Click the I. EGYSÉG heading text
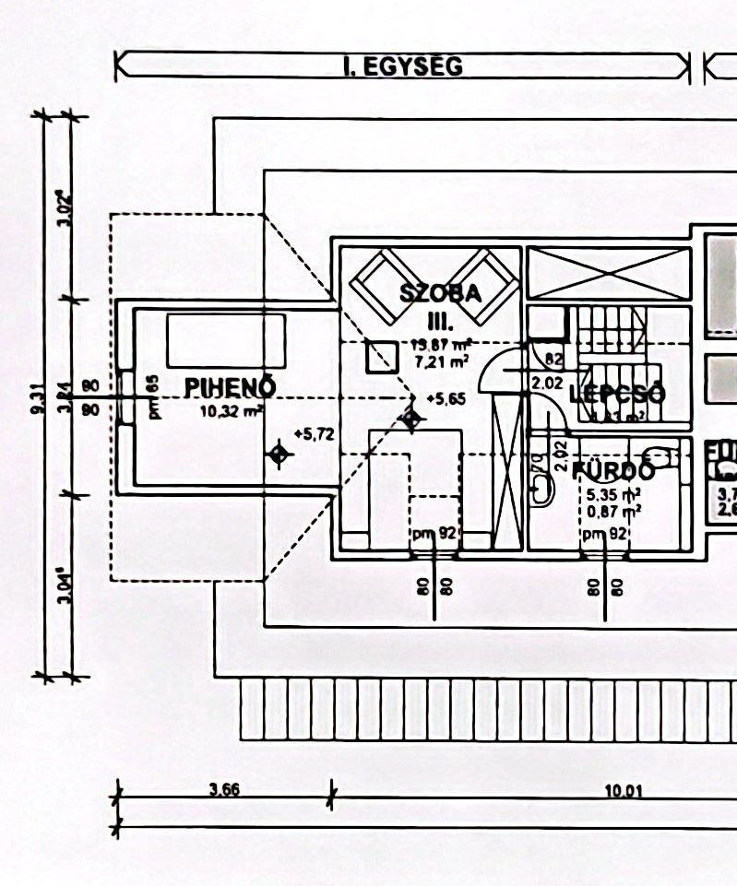(x=402, y=66)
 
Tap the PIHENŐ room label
(x=231, y=387)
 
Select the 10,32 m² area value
(x=232, y=412)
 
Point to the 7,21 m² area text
(x=440, y=361)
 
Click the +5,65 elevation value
(x=446, y=398)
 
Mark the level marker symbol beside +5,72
(x=279, y=454)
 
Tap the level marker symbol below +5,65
(x=411, y=419)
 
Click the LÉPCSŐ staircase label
(x=617, y=395)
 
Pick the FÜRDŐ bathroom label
(x=613, y=471)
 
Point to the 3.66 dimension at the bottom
(x=224, y=789)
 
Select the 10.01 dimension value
(x=624, y=790)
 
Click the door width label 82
(x=553, y=359)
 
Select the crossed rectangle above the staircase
(x=608, y=272)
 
